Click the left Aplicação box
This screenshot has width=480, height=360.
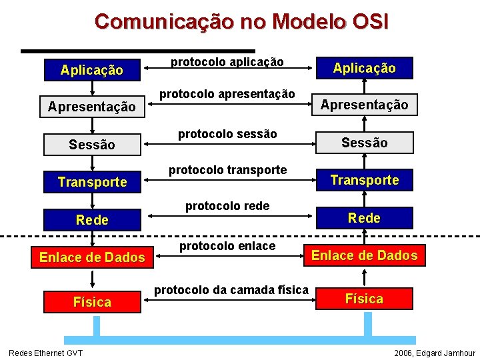(92, 69)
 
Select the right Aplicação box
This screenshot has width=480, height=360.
(364, 68)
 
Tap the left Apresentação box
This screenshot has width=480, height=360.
(92, 107)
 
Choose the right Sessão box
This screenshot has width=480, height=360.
(364, 143)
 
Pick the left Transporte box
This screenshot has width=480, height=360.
(92, 182)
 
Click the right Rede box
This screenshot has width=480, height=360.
(364, 218)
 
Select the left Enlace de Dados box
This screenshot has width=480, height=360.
(92, 257)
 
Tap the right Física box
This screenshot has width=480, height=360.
(364, 299)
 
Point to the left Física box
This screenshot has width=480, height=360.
(92, 302)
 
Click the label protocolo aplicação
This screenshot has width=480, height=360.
(227, 62)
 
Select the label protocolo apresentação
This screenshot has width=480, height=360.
(227, 94)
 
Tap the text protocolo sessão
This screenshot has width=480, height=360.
(227, 134)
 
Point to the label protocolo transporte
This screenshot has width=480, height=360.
(227, 170)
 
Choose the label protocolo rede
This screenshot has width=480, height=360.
(227, 206)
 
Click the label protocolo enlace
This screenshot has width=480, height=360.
(227, 246)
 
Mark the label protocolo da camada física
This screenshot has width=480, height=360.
(231, 289)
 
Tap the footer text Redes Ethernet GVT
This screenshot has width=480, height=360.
(45, 353)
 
